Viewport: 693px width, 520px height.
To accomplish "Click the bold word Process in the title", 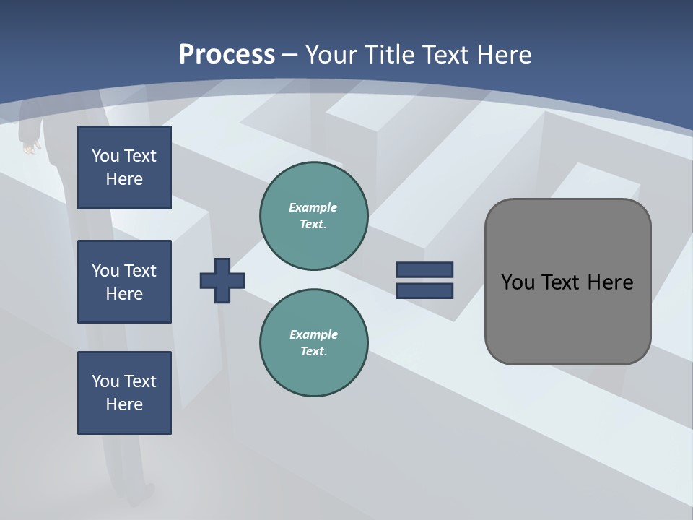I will (x=227, y=55).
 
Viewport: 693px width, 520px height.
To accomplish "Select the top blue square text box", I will (x=124, y=168).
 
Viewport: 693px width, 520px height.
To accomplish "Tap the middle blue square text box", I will (x=124, y=282).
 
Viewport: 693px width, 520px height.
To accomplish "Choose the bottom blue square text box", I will (x=124, y=393).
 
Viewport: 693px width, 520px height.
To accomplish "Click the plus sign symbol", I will (x=222, y=280).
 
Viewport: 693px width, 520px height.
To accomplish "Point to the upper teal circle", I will (x=313, y=216).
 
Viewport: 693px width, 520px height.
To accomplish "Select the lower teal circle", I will (x=313, y=342).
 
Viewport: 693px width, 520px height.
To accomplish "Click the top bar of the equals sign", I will (x=424, y=270).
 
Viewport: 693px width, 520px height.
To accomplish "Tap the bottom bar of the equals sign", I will (x=424, y=290).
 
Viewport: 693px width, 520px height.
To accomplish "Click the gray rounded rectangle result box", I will (x=567, y=325).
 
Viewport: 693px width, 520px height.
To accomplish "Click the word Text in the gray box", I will (x=563, y=282).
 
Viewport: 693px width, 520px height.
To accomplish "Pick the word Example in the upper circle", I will (x=313, y=207).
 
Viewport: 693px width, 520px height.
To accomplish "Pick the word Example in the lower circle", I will (x=313, y=334).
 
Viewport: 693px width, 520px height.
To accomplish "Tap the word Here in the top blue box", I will (x=124, y=179).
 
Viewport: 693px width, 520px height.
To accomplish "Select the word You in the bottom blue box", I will (x=105, y=381).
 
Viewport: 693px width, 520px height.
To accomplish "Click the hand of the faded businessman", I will (x=30, y=147).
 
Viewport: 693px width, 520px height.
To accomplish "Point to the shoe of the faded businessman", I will (x=141, y=495).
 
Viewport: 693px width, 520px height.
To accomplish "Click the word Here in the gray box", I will (x=610, y=282).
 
